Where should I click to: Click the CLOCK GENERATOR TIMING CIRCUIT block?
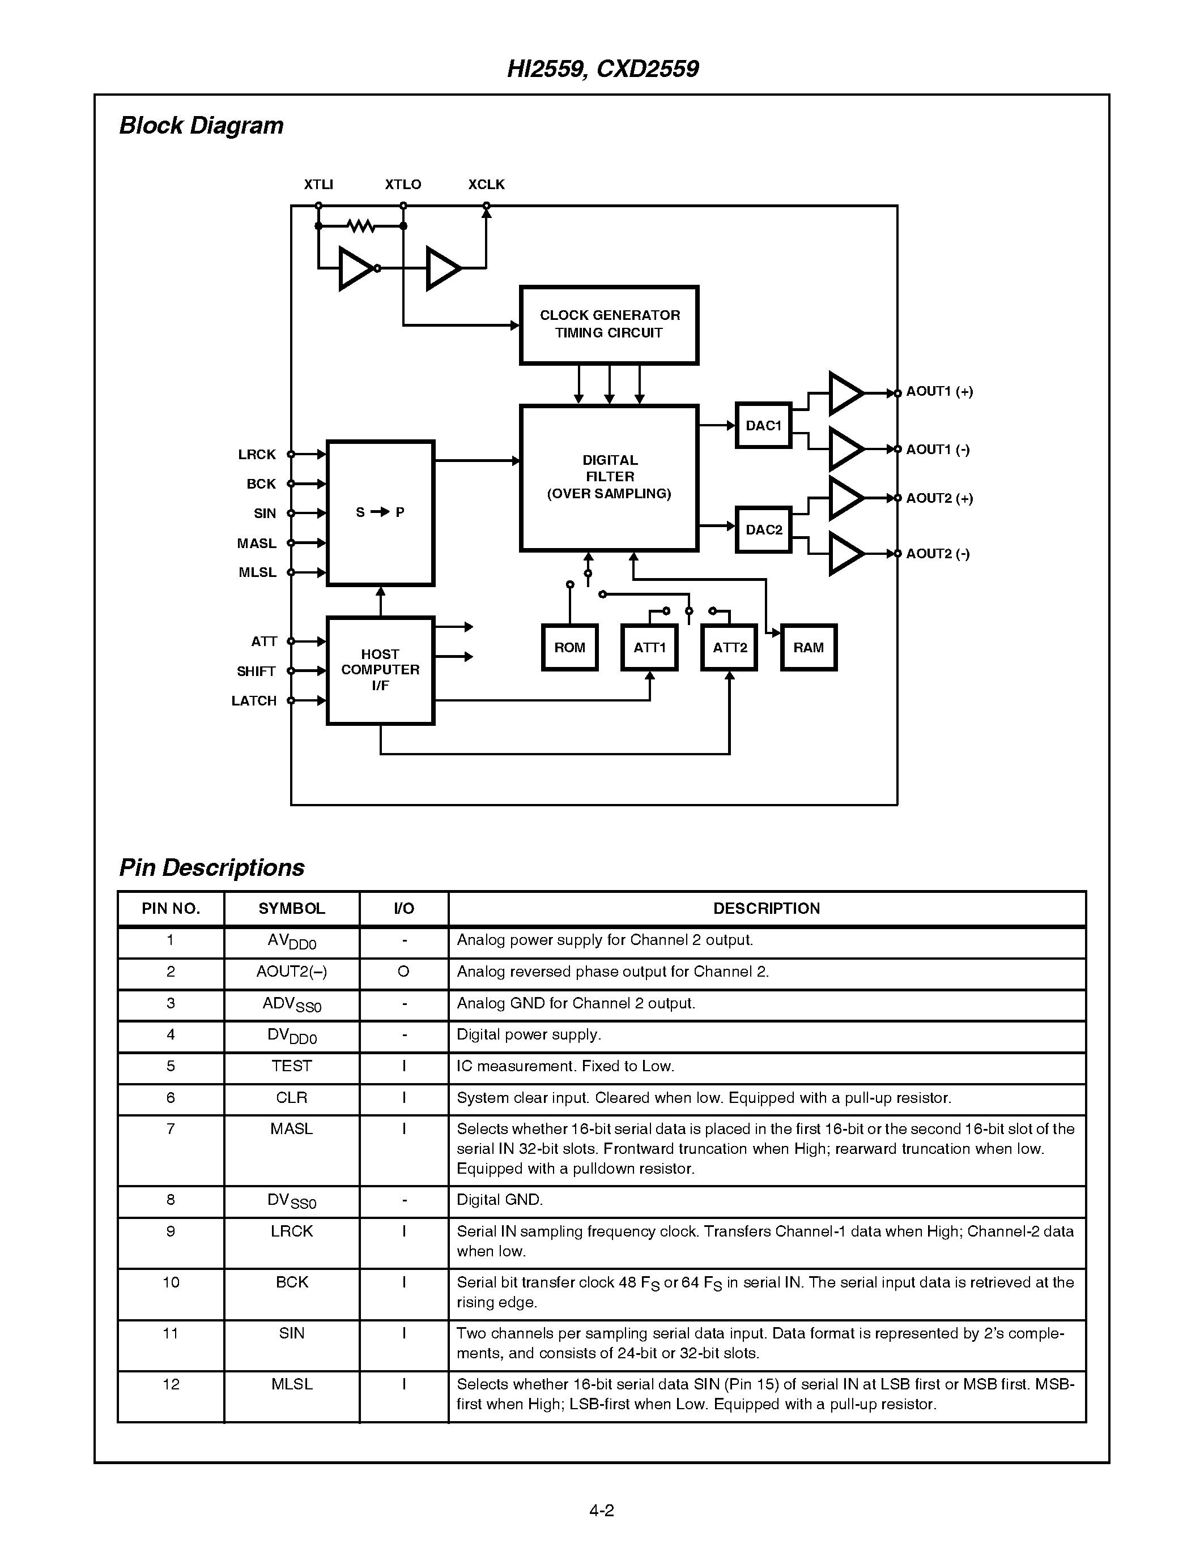[x=609, y=324]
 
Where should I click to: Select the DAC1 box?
[x=763, y=426]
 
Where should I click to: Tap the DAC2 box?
[x=763, y=530]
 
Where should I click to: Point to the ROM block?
[x=569, y=647]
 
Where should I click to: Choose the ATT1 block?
[x=649, y=647]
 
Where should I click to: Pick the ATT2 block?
[x=729, y=647]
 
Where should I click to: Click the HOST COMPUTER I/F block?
[x=380, y=670]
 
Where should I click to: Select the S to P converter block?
[x=380, y=512]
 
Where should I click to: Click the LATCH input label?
[x=254, y=701]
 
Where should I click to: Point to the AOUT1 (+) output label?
[x=939, y=391]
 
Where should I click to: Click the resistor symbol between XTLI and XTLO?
[x=361, y=226]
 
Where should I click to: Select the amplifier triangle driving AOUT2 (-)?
[x=846, y=554]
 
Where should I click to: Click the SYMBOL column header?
[x=291, y=908]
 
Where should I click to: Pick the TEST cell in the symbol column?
[x=291, y=1066]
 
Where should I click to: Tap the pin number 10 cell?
[x=171, y=1282]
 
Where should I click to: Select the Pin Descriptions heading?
[x=212, y=867]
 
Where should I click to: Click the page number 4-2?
[x=601, y=1510]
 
